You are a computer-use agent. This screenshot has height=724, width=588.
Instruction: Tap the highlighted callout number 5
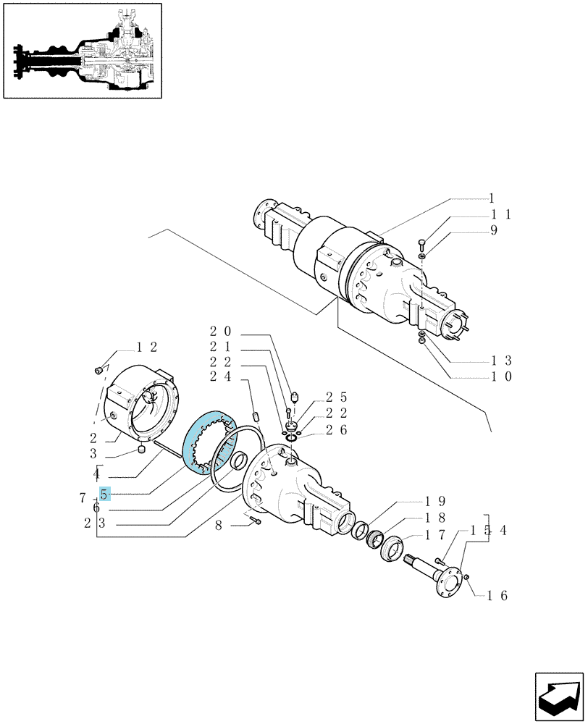105,494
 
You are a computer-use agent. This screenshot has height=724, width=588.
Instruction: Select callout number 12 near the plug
146,347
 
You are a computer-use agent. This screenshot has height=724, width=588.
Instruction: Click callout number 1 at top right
492,198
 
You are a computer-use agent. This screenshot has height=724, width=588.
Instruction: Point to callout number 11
500,214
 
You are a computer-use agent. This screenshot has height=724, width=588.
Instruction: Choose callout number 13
501,361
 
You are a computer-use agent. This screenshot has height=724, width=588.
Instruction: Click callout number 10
501,376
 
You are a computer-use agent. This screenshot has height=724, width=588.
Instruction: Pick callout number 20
220,332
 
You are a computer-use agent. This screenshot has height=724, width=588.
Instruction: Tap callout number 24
220,376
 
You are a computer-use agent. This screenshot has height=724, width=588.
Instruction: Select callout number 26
336,430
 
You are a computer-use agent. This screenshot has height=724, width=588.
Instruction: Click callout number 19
434,501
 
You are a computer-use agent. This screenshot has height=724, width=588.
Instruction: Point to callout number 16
497,596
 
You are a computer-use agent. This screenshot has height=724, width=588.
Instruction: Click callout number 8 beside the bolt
219,525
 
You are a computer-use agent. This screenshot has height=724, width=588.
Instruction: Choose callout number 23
95,523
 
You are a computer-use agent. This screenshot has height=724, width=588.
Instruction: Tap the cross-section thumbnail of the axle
83,51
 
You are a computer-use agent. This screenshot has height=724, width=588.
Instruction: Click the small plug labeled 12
98,370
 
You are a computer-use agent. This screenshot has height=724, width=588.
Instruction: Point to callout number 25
336,397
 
